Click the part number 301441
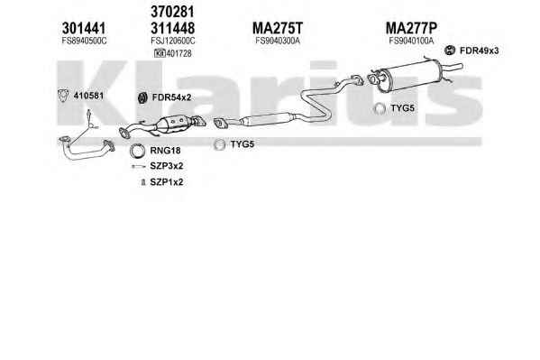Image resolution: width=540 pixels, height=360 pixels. click(84, 28)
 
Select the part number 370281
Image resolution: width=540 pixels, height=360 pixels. click(172, 12)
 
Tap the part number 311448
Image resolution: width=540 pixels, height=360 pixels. click(172, 28)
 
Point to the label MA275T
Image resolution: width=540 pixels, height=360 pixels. click(278, 28)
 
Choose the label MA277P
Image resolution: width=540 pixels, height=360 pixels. click(411, 28)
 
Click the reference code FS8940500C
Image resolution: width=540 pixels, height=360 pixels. click(85, 41)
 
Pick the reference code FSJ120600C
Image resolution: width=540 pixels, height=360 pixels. click(173, 41)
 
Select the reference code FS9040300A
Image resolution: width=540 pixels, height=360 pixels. click(278, 41)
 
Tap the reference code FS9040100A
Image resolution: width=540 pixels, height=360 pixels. click(411, 41)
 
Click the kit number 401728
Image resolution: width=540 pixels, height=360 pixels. click(179, 53)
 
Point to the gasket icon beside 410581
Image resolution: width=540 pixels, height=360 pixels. click(63, 96)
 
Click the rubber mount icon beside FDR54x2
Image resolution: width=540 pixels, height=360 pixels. click(142, 98)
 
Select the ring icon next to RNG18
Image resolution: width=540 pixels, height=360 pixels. click(137, 151)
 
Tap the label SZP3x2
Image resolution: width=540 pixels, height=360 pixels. click(167, 166)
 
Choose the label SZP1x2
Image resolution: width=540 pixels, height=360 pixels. click(167, 181)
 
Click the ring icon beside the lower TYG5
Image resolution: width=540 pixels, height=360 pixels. click(219, 145)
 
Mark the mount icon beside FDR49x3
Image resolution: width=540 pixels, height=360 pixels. click(450, 51)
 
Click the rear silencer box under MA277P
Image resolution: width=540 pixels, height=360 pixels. click(410, 76)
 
